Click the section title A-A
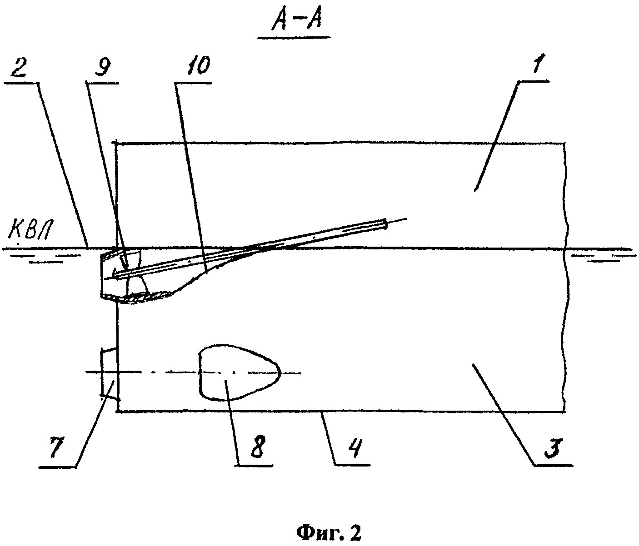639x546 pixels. tap(296, 21)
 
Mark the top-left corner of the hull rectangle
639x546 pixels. tap(117, 143)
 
